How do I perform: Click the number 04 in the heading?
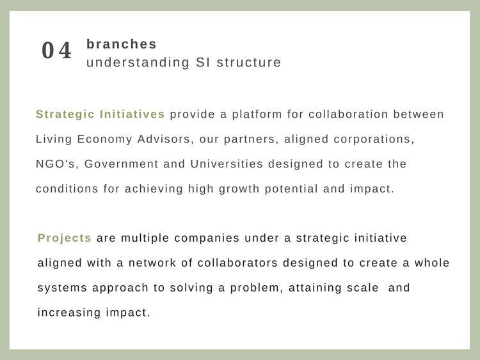click(x=56, y=51)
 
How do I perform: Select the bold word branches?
click(x=122, y=44)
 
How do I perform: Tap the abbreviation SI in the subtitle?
click(x=203, y=63)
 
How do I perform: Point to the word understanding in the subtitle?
click(x=138, y=63)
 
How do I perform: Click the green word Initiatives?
click(x=132, y=114)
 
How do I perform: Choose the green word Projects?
click(x=64, y=239)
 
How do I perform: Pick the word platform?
click(x=257, y=114)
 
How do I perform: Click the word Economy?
click(x=104, y=139)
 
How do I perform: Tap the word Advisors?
click(x=165, y=139)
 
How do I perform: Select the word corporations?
click(x=374, y=139)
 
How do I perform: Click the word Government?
click(x=121, y=164)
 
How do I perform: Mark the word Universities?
click(x=227, y=164)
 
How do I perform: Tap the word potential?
click(x=291, y=189)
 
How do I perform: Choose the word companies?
click(x=207, y=239)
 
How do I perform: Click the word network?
click(x=152, y=263)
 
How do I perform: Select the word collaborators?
click(x=237, y=263)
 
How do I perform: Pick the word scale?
click(x=363, y=288)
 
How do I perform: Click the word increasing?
click(x=69, y=313)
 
